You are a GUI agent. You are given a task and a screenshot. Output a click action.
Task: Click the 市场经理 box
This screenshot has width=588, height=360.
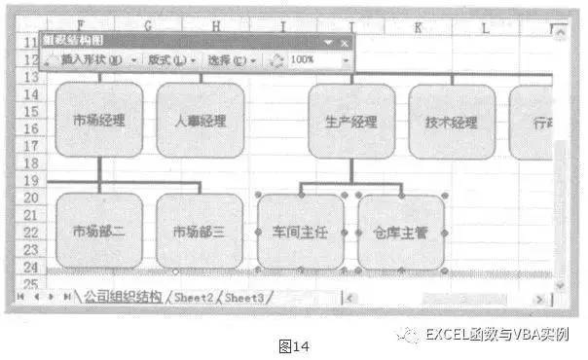click(x=99, y=121)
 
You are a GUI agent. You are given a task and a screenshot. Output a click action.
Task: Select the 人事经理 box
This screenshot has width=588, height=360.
click(x=200, y=121)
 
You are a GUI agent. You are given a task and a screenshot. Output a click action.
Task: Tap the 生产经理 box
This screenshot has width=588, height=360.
click(x=351, y=122)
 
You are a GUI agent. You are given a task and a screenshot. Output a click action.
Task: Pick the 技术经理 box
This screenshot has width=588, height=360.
click(x=452, y=122)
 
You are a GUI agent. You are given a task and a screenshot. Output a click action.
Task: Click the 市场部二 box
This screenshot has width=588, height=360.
click(x=99, y=232)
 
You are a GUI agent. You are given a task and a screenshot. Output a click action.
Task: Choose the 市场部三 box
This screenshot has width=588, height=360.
click(x=200, y=232)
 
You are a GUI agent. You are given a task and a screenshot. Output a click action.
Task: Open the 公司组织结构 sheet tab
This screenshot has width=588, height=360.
click(x=123, y=296)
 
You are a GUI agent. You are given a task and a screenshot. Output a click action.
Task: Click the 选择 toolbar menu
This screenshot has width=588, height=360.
click(x=228, y=59)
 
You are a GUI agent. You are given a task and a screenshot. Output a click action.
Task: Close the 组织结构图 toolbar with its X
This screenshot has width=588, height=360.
click(x=344, y=42)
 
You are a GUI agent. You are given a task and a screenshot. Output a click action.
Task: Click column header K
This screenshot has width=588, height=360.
click(x=418, y=27)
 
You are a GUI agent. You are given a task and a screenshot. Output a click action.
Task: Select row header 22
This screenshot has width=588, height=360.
click(x=30, y=232)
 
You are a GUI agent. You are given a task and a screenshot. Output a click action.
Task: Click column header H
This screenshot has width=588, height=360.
click(x=215, y=27)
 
